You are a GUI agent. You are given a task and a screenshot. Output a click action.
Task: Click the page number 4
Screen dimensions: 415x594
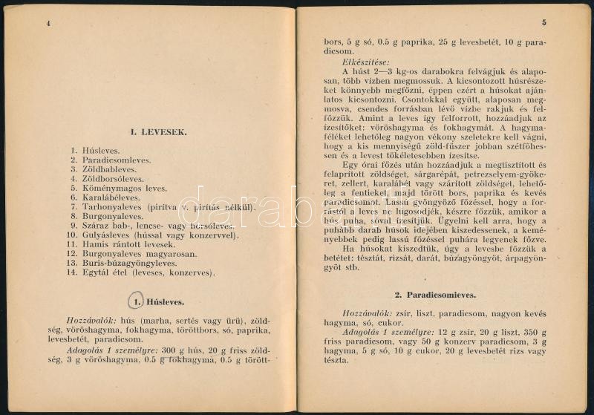click(48, 23)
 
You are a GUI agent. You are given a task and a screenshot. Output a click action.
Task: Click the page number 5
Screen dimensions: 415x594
click(544, 23)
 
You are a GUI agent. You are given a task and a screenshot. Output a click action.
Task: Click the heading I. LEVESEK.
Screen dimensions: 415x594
click(159, 133)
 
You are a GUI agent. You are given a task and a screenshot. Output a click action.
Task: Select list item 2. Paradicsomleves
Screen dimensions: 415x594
click(111, 159)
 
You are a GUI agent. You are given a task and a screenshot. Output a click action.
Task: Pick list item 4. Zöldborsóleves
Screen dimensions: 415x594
click(109, 178)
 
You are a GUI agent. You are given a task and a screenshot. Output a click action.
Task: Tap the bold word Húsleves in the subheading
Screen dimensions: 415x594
click(166, 302)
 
